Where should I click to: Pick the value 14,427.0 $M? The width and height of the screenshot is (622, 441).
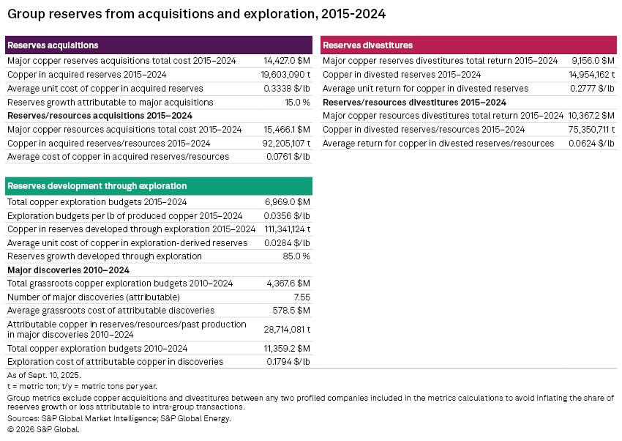coord(287,61)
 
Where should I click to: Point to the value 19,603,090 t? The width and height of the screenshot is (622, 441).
coord(285,75)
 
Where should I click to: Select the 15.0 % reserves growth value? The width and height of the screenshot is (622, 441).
coord(297,103)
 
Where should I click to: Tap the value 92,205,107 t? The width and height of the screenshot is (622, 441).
coord(285,144)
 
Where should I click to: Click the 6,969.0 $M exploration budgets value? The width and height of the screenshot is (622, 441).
coord(288,202)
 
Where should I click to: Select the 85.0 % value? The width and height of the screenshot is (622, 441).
coord(297,256)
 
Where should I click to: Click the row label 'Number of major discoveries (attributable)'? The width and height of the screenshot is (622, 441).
coord(93,297)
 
